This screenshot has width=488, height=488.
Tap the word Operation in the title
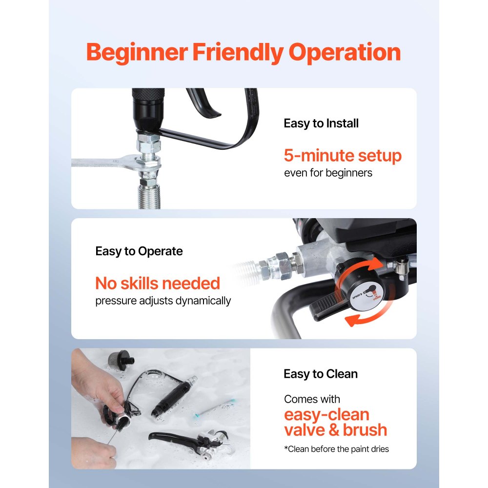(345, 53)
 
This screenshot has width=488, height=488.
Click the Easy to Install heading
(321, 123)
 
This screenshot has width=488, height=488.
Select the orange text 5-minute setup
(343, 156)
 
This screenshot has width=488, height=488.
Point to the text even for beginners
(328, 173)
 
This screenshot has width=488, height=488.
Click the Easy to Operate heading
(139, 251)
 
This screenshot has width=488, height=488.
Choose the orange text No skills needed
(158, 283)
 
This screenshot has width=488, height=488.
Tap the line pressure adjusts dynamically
(163, 301)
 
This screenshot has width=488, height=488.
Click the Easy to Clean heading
(321, 374)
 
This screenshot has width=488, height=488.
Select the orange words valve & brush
(335, 430)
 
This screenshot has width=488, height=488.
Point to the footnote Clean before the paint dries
(336, 449)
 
